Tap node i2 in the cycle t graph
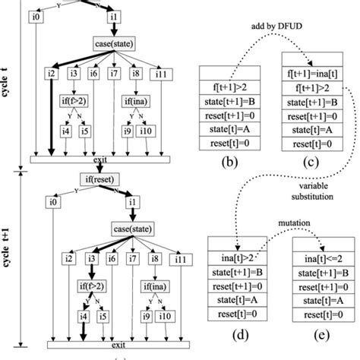[51, 73]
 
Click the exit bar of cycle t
[99, 159]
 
